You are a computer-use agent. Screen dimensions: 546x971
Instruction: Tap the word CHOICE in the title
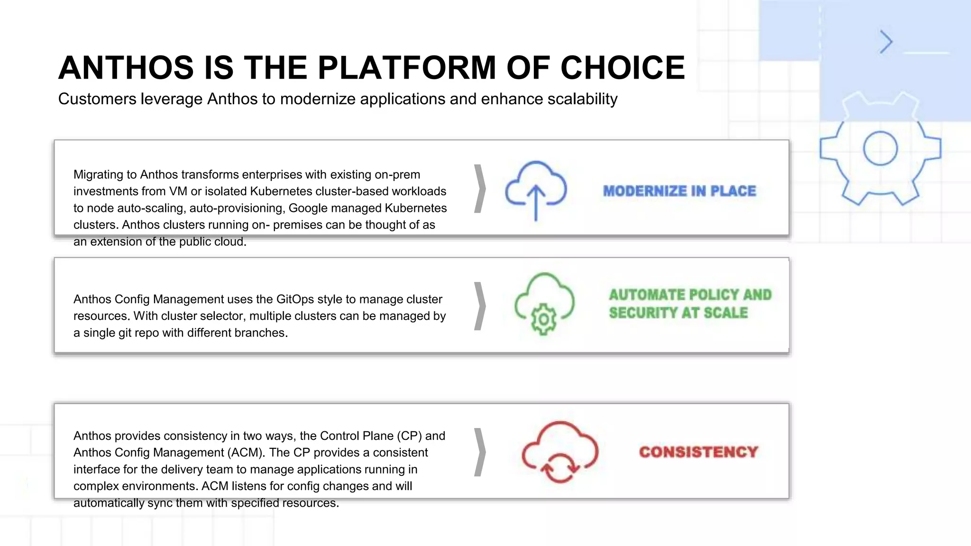tap(623, 67)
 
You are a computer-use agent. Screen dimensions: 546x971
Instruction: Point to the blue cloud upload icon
tap(536, 190)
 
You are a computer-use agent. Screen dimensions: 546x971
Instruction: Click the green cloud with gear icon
tap(544, 304)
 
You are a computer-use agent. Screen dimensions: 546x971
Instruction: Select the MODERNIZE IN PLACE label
tap(679, 191)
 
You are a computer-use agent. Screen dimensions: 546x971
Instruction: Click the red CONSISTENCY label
tap(698, 452)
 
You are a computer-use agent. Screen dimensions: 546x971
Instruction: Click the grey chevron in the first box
tap(480, 189)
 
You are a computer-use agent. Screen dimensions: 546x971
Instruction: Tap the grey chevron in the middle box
tap(480, 306)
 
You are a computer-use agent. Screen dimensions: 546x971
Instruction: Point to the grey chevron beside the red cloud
tap(480, 452)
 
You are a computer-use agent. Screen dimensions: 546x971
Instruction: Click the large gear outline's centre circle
tap(880, 148)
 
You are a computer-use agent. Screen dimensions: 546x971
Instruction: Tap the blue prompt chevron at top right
tap(886, 42)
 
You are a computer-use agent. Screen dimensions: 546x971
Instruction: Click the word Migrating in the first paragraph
tap(98, 175)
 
